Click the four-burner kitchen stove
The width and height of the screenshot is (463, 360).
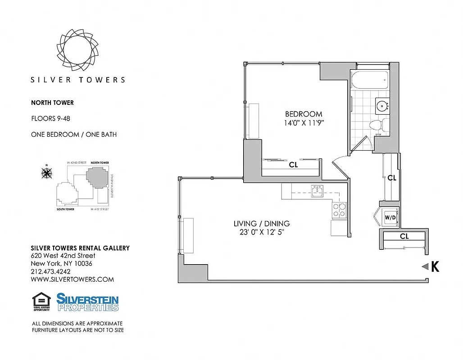click(339, 210)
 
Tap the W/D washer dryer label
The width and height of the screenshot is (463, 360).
click(390, 218)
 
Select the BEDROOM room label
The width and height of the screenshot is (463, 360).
click(304, 114)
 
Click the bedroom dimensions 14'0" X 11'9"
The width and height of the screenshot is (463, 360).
click(304, 123)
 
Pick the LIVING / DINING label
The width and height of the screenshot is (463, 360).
click(261, 223)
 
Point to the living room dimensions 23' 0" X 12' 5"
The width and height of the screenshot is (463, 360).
click(261, 232)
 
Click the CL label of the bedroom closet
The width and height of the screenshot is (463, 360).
click(293, 165)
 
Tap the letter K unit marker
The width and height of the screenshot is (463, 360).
click(435, 267)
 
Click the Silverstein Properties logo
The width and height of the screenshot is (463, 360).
click(87, 302)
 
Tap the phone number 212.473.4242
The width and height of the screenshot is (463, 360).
click(50, 271)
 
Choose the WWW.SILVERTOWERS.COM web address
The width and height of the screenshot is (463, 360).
click(72, 279)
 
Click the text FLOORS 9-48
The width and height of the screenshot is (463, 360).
click(50, 119)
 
